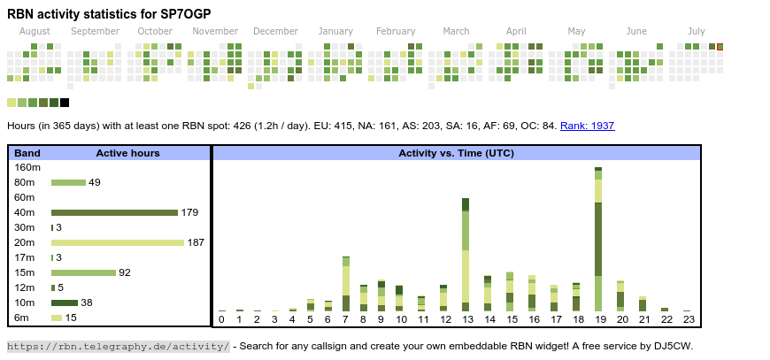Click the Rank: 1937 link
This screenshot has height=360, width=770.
pos(587,126)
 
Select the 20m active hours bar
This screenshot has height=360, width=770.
pos(118,242)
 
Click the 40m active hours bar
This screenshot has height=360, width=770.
pos(114,212)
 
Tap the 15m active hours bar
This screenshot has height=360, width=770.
pos(83,272)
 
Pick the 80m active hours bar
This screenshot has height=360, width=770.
pos(68,182)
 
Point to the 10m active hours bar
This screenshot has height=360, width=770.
pos(65,303)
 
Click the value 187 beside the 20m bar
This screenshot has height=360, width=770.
pos(196,242)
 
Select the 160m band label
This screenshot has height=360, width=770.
pos(28,167)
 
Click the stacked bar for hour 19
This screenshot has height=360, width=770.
pos(598,239)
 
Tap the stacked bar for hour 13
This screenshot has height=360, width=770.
pos(466,255)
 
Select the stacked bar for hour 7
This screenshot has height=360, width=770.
pos(345,284)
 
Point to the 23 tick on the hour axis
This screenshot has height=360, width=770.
pos(688,319)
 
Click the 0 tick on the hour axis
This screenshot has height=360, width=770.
pos(221,319)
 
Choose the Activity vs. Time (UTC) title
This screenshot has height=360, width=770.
pos(456,153)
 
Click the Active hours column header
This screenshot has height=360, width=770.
pos(127,153)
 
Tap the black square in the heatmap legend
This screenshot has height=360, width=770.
pos(65,103)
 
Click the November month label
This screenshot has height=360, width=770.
pos(215,32)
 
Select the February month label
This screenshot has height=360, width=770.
pos(396,32)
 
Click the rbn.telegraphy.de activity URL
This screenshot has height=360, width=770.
pos(119,346)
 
